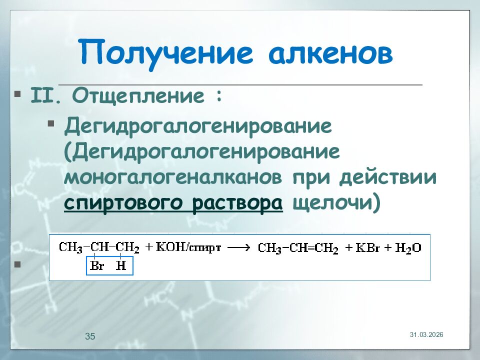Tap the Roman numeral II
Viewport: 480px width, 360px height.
point(46,94)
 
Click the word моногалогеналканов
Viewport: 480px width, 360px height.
point(175,178)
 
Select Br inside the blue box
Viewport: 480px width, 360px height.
point(96,266)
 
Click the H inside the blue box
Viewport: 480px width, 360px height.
point(121,266)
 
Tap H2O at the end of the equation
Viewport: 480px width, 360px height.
point(407,247)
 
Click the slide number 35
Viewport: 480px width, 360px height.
point(90,336)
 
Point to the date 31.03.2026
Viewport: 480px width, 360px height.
point(426,334)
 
